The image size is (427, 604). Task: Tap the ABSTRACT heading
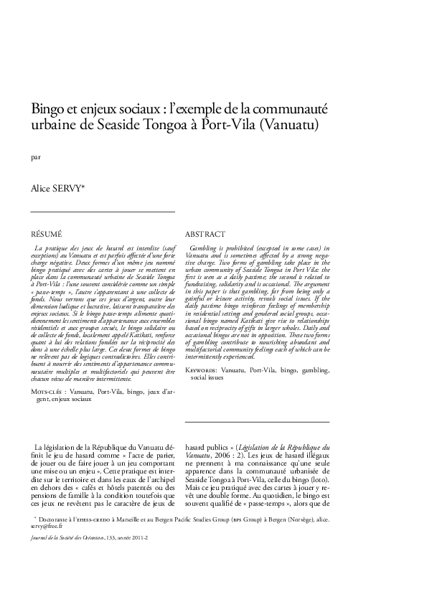(205, 234)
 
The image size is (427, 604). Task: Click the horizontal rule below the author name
(103, 212)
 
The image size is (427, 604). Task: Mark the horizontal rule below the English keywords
(257, 422)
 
